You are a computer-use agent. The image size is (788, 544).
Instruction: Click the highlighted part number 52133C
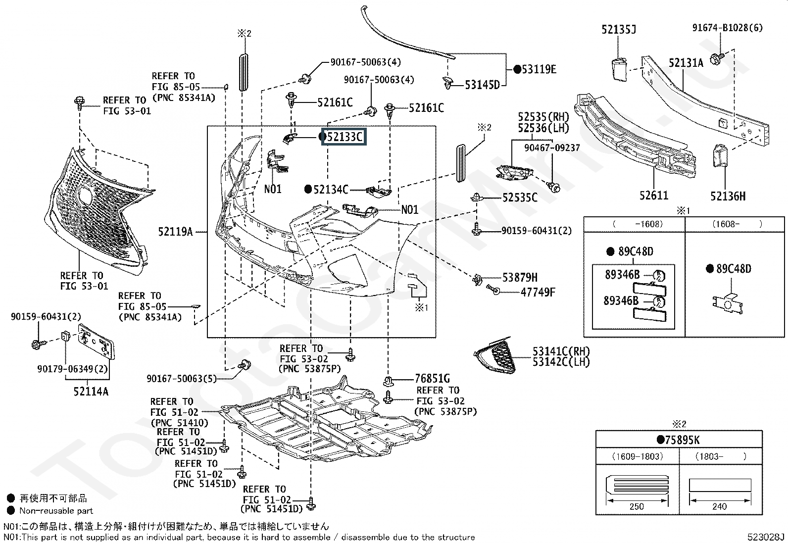point(345,137)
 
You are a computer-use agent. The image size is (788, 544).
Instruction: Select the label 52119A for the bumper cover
point(176,232)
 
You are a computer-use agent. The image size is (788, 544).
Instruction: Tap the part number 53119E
point(539,69)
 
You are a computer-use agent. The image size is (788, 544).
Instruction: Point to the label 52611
point(654,196)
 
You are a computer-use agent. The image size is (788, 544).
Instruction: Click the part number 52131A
point(686,63)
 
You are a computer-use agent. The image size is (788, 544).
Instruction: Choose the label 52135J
point(619,29)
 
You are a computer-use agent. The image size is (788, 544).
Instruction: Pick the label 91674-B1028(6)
point(728,28)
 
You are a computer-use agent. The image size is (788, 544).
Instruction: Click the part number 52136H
point(728,196)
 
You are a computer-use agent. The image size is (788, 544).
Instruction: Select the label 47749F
point(538,292)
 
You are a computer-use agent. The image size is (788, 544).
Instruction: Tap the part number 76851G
point(432,378)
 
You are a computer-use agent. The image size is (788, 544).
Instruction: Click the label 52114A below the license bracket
point(91,391)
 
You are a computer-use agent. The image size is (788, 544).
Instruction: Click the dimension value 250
point(637,506)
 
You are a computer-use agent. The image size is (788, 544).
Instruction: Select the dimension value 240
point(719,506)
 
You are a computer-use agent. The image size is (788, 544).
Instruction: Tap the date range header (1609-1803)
point(638,456)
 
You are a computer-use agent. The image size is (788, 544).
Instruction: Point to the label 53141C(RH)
point(561,351)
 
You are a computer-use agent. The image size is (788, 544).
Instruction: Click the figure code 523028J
point(766,537)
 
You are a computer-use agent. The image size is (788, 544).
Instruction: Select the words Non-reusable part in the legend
point(56,510)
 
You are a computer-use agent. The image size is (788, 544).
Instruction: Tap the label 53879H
point(520,278)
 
